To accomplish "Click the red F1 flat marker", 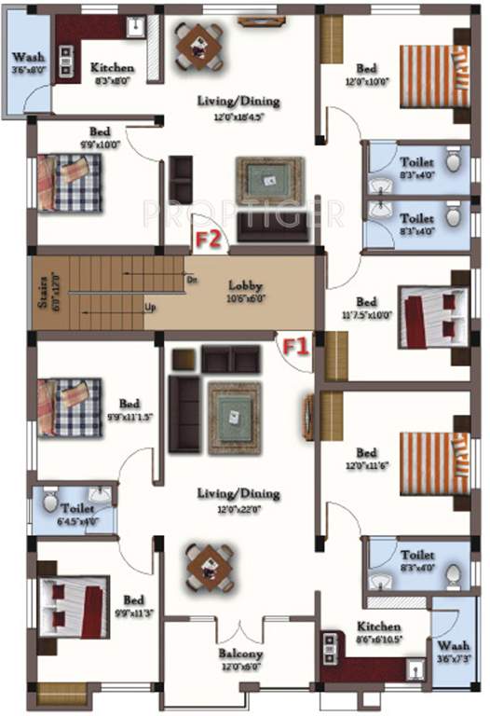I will click(x=295, y=347).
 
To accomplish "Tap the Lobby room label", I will click(x=246, y=286).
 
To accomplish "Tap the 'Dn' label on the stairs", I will click(x=191, y=279).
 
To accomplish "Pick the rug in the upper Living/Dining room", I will click(x=269, y=180).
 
